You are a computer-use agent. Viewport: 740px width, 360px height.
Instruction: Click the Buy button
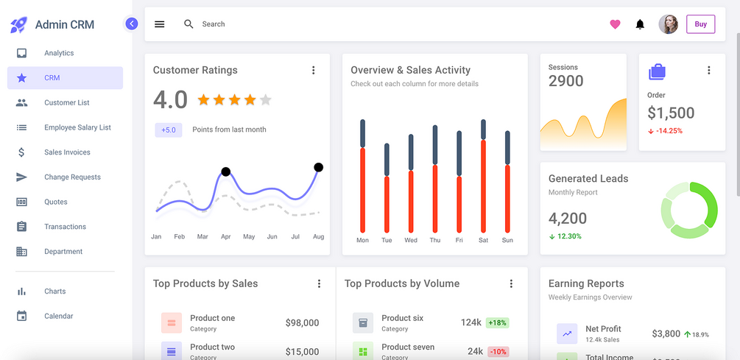pyautogui.click(x=700, y=24)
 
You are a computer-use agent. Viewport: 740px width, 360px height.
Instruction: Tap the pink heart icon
pyautogui.click(x=615, y=24)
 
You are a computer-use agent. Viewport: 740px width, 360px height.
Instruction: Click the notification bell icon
pyautogui.click(x=640, y=24)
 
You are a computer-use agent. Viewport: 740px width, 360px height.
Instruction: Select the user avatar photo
pyautogui.click(x=668, y=24)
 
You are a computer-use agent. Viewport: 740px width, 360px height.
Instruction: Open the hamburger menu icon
pyautogui.click(x=159, y=24)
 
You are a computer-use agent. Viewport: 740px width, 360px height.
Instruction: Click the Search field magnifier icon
pyautogui.click(x=188, y=24)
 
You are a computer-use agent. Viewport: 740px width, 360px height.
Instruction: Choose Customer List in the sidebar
pyautogui.click(x=66, y=102)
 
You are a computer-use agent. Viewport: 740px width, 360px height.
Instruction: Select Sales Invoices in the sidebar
pyautogui.click(x=67, y=152)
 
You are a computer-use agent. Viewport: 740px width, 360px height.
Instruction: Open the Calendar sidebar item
pyautogui.click(x=58, y=316)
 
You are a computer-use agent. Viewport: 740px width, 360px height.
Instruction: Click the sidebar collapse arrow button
pyautogui.click(x=132, y=24)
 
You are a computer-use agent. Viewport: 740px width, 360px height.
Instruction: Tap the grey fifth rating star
pyautogui.click(x=266, y=99)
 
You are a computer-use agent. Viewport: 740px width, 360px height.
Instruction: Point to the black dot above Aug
pyautogui.click(x=318, y=167)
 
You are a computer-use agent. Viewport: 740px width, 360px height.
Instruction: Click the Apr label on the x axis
pyautogui.click(x=225, y=237)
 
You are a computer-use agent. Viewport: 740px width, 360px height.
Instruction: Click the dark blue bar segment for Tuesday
pyautogui.click(x=387, y=159)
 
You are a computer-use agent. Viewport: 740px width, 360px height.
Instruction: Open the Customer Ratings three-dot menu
pyautogui.click(x=313, y=71)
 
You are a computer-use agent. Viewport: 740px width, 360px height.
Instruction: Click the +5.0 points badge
pyautogui.click(x=169, y=130)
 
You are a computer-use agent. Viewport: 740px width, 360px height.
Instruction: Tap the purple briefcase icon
pyautogui.click(x=657, y=71)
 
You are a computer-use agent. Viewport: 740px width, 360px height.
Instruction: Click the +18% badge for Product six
pyautogui.click(x=497, y=322)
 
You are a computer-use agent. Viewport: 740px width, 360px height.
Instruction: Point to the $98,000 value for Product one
pyautogui.click(x=302, y=322)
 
